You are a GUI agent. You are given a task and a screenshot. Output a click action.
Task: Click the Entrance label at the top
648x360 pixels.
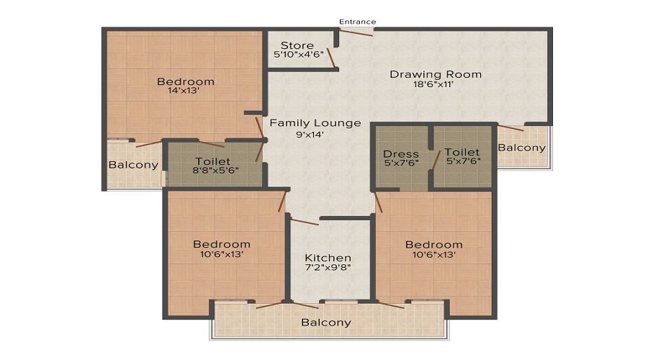(x=357, y=22)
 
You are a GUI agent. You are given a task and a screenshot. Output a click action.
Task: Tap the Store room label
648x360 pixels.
(x=297, y=45)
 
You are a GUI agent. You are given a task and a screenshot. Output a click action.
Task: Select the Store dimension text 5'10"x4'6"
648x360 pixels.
(x=298, y=54)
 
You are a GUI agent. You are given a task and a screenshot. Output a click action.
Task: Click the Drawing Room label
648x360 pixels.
(x=436, y=74)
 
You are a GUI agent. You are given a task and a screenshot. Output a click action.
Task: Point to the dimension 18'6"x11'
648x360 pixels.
(x=434, y=84)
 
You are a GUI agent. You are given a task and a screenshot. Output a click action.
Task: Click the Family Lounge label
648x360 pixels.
(x=315, y=123)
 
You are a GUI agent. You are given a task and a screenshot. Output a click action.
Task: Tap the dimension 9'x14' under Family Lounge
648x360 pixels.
(x=310, y=134)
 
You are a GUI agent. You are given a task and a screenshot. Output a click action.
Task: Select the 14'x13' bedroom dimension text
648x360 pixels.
(x=184, y=90)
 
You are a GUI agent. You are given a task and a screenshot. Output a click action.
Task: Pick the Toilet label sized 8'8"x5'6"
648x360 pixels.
(x=213, y=161)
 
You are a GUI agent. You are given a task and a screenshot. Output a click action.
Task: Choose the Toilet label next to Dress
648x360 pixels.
(x=462, y=152)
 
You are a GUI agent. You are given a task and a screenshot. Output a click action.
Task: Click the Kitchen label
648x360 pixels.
(x=328, y=258)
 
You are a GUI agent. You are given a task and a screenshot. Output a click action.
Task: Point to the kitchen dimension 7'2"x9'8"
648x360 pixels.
(x=328, y=267)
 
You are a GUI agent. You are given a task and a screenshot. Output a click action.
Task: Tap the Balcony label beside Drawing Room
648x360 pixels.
(x=522, y=148)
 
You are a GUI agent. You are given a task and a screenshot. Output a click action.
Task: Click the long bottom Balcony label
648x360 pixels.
(x=326, y=323)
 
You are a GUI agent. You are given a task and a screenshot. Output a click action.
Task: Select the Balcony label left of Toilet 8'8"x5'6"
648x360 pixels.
(x=133, y=165)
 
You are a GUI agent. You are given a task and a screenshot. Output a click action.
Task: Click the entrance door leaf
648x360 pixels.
(x=356, y=32)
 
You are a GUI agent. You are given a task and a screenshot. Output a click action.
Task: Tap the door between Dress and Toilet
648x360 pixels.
(x=436, y=160)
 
